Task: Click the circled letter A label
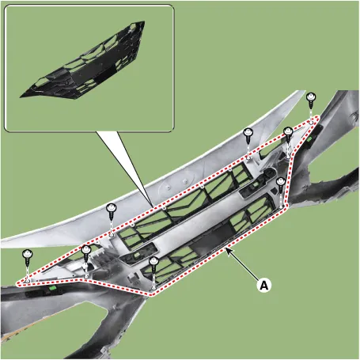pos(264,286)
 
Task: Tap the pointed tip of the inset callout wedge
pos(153,207)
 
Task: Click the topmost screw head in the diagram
pos(312,97)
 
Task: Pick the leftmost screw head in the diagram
pos(28,254)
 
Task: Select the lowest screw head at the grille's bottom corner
pos(153,261)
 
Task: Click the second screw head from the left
pos(86,249)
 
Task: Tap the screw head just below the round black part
pos(281,181)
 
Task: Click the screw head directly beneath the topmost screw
pos(288,131)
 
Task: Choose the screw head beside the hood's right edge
pos(248,132)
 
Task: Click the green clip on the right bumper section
pos(309,138)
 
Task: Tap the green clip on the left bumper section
pos(53,288)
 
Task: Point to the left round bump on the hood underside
pos(169,187)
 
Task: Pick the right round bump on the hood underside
pos(185,181)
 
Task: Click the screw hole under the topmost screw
pos(311,122)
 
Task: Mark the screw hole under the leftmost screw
pos(28,282)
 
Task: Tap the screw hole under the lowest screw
pos(153,289)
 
